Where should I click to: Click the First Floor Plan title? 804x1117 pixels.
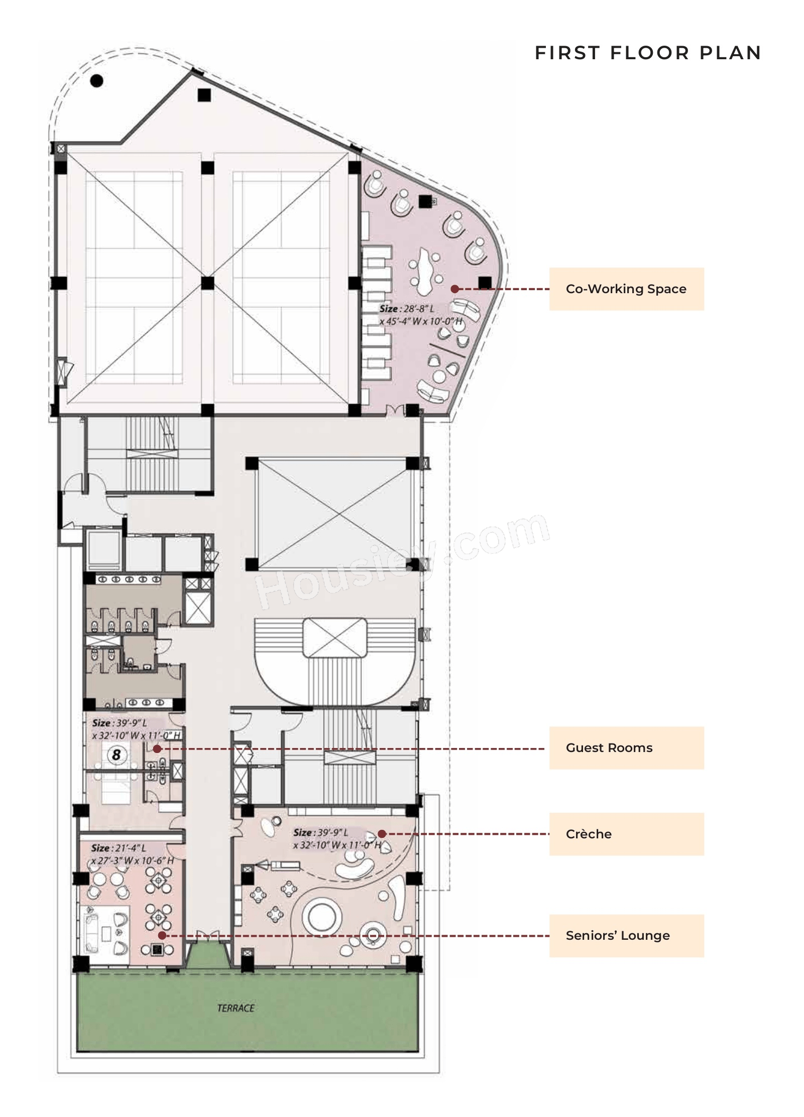(647, 53)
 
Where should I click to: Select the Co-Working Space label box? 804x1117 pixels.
(626, 289)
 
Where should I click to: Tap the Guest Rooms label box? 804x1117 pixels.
(626, 748)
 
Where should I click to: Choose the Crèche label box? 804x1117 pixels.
(626, 834)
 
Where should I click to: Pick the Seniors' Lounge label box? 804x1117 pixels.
(626, 935)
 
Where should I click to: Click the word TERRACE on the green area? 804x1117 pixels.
(236, 1008)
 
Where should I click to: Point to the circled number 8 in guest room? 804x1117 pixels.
(117, 754)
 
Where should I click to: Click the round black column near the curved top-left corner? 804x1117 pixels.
(96, 80)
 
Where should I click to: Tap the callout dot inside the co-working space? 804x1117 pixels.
(454, 289)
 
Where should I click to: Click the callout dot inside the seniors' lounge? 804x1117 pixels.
(162, 935)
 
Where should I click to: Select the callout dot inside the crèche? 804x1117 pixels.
(382, 834)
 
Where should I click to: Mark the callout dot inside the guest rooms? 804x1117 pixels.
(157, 749)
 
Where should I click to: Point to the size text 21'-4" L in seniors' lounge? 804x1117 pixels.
(119, 848)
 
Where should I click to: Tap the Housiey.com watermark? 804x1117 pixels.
(402, 560)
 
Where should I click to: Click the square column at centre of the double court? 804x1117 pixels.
(207, 283)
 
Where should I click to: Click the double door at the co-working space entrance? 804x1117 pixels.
(394, 410)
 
